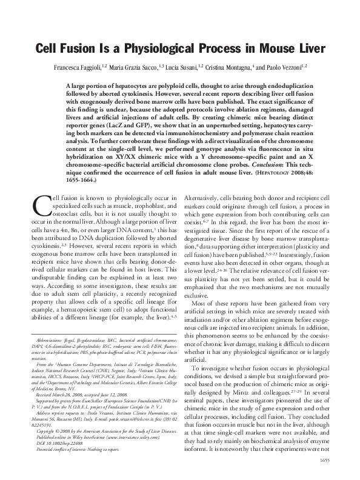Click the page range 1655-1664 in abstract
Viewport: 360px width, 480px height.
[x=79, y=181]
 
